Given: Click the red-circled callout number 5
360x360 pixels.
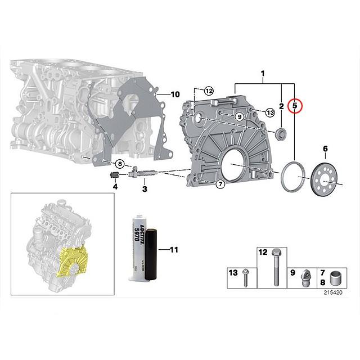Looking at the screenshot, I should (294, 106).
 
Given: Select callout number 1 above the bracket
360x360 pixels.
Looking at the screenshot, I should (262, 73).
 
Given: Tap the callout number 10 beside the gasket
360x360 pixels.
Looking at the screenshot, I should (174, 94).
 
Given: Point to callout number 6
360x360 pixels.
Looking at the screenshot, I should (325, 148).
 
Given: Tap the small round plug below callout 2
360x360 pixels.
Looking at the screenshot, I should (280, 133).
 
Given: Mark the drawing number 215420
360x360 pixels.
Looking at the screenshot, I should (333, 293).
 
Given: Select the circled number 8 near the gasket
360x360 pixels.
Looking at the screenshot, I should (119, 164).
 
